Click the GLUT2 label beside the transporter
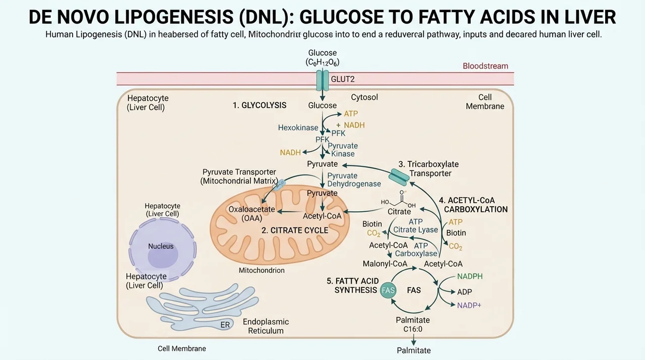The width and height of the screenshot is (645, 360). (343, 79)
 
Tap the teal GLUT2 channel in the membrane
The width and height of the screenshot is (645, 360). (322, 80)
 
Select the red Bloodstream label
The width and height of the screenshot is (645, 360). (485, 66)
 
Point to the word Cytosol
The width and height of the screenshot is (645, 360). (364, 97)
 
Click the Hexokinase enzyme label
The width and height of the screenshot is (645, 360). (298, 128)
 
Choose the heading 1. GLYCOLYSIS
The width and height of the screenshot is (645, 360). (260, 105)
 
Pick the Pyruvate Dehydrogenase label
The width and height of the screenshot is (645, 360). (354, 179)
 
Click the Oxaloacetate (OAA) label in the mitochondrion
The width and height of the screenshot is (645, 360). (251, 214)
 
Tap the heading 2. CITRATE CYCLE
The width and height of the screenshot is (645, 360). (295, 230)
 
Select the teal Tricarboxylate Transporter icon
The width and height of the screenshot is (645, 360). (399, 177)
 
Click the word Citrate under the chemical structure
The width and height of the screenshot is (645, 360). (399, 212)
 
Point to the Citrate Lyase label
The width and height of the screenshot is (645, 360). (416, 230)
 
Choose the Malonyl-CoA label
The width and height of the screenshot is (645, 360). (385, 264)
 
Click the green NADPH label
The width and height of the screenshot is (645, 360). (470, 276)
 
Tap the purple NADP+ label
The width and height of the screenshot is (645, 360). (469, 305)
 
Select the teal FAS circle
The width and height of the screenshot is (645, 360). (388, 290)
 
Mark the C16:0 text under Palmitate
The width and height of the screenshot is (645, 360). (413, 329)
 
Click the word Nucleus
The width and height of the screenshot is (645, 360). (161, 246)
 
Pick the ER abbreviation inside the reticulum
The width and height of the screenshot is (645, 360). (225, 325)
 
